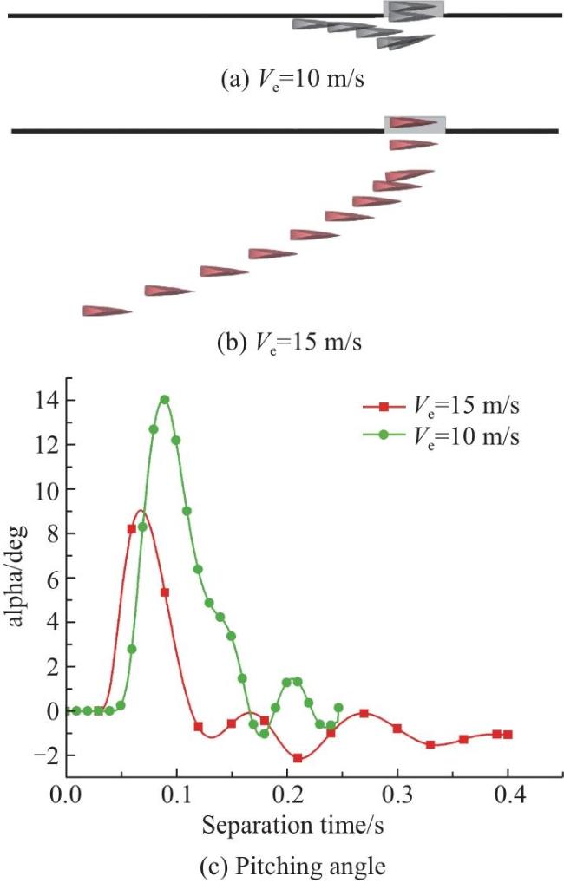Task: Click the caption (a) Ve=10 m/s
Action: [x=292, y=80]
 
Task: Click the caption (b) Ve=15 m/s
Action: [x=290, y=342]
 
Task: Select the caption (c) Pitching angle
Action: [x=293, y=867]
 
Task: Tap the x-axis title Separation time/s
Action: [x=293, y=826]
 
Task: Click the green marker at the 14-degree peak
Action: [x=165, y=400]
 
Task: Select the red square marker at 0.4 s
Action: [x=508, y=735]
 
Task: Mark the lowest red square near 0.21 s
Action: [x=298, y=759]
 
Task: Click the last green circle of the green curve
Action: [x=338, y=708]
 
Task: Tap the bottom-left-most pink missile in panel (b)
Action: [x=108, y=311]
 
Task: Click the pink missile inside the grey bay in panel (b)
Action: [x=413, y=122]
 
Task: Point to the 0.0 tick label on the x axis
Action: [x=67, y=795]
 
